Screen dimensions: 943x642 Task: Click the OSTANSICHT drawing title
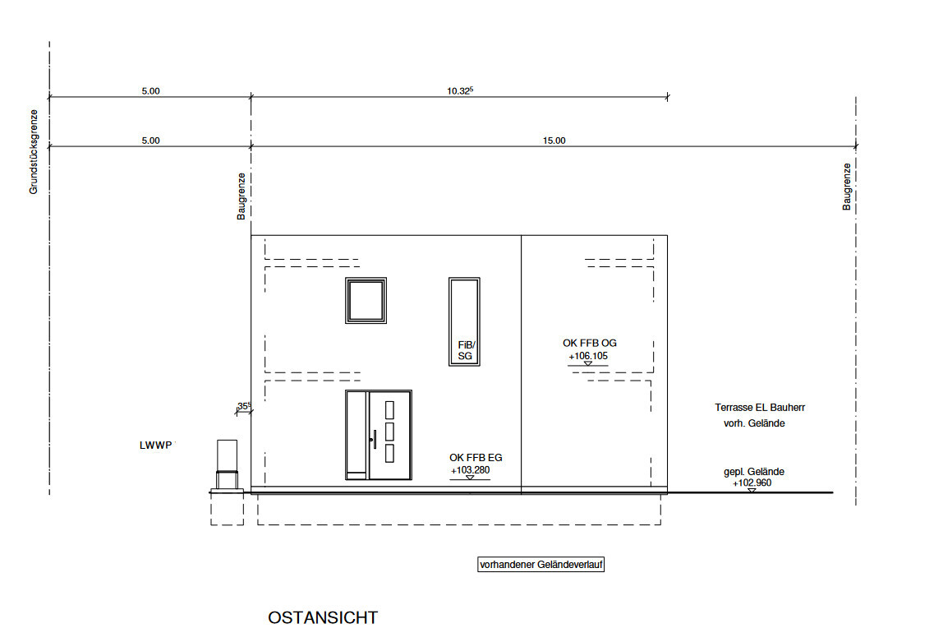click(x=323, y=618)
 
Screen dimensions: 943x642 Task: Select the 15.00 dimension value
click(x=554, y=141)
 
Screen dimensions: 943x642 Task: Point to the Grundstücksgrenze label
click(x=34, y=151)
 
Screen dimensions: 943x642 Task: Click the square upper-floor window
click(x=366, y=300)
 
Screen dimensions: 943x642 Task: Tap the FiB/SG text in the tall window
click(x=466, y=350)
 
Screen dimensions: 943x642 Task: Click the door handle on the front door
click(x=374, y=439)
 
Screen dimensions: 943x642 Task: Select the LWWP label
click(x=156, y=446)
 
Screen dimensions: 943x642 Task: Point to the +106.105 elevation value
click(x=588, y=356)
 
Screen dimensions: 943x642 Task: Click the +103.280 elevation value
click(x=471, y=470)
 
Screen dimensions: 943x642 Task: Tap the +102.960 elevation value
click(x=752, y=483)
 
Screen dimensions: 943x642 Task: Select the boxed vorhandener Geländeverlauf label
click(x=540, y=565)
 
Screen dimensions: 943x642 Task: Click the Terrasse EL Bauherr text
click(x=760, y=408)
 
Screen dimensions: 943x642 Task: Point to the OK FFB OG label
click(x=590, y=343)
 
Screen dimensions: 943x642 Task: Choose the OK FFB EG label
click(x=476, y=458)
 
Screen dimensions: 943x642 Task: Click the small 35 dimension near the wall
click(x=244, y=406)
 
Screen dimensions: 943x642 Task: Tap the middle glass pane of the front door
click(x=389, y=432)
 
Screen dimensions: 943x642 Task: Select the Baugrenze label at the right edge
click(x=847, y=187)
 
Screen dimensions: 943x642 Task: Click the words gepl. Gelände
click(x=754, y=472)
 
